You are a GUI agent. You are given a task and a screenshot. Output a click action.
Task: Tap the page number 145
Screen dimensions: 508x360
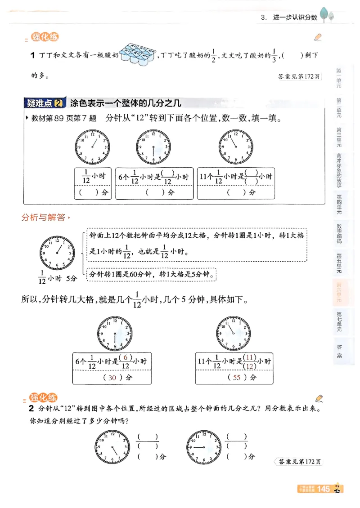(x=324, y=489)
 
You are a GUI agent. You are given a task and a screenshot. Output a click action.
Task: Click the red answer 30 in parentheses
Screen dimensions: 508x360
(x=112, y=378)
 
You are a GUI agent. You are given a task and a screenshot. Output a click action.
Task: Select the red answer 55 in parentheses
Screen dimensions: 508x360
(x=237, y=378)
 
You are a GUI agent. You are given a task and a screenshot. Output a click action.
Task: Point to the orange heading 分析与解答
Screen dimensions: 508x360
(x=44, y=218)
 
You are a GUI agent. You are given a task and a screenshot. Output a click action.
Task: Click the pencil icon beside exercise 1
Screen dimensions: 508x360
(x=318, y=37)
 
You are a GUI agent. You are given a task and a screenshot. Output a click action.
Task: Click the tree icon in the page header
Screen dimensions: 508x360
(x=327, y=15)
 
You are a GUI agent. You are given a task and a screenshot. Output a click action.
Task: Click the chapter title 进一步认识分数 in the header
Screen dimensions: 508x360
(x=295, y=18)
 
